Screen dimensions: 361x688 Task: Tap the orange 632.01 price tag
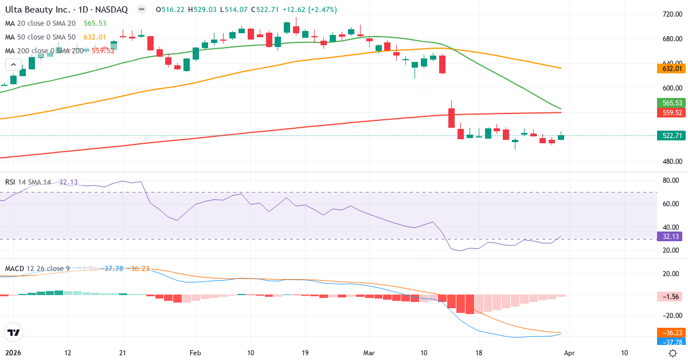pyautogui.click(x=671, y=69)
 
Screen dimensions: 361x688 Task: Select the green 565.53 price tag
pyautogui.click(x=671, y=103)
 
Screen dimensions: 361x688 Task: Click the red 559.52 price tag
pyautogui.click(x=671, y=113)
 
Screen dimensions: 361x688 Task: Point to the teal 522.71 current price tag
pyautogui.click(x=671, y=135)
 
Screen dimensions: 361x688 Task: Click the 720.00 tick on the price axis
pyautogui.click(x=670, y=14)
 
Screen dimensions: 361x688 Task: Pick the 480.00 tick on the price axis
pyautogui.click(x=670, y=161)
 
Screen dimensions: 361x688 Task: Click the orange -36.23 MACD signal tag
pyautogui.click(x=671, y=333)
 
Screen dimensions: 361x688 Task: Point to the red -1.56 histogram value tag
pyautogui.click(x=671, y=296)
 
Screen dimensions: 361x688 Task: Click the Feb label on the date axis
pyautogui.click(x=196, y=352)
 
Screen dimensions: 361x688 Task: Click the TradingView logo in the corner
pyautogui.click(x=14, y=332)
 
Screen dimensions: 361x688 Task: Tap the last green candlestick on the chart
pyautogui.click(x=561, y=136)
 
